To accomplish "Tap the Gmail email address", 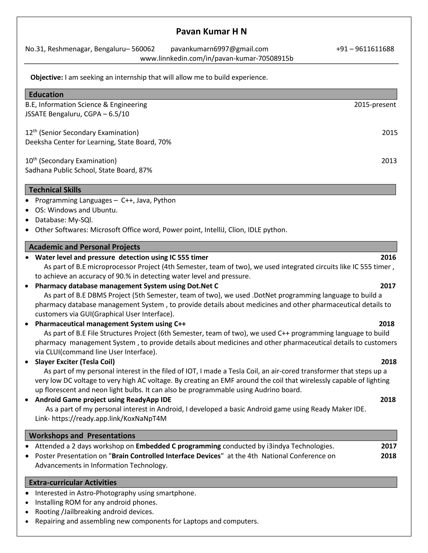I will pos(219,49).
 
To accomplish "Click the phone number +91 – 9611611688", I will pos(365,49).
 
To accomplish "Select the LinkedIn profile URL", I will pos(217,58).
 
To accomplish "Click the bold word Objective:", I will pos(47,77).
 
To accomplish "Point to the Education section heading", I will pos(46,95).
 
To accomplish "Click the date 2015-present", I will pos(375,105).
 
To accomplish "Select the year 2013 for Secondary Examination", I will pos(389,161).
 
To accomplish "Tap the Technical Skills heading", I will pos(55,190).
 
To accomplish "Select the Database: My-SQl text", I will pos(64,220).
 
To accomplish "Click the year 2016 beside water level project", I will pos(388,257).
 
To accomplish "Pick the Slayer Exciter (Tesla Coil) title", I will pos(75,362).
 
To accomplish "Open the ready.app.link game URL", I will pos(109,419).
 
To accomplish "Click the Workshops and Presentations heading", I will pos(82,436).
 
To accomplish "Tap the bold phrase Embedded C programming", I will pos(178,446).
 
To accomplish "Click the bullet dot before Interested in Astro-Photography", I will pos(27,493).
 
